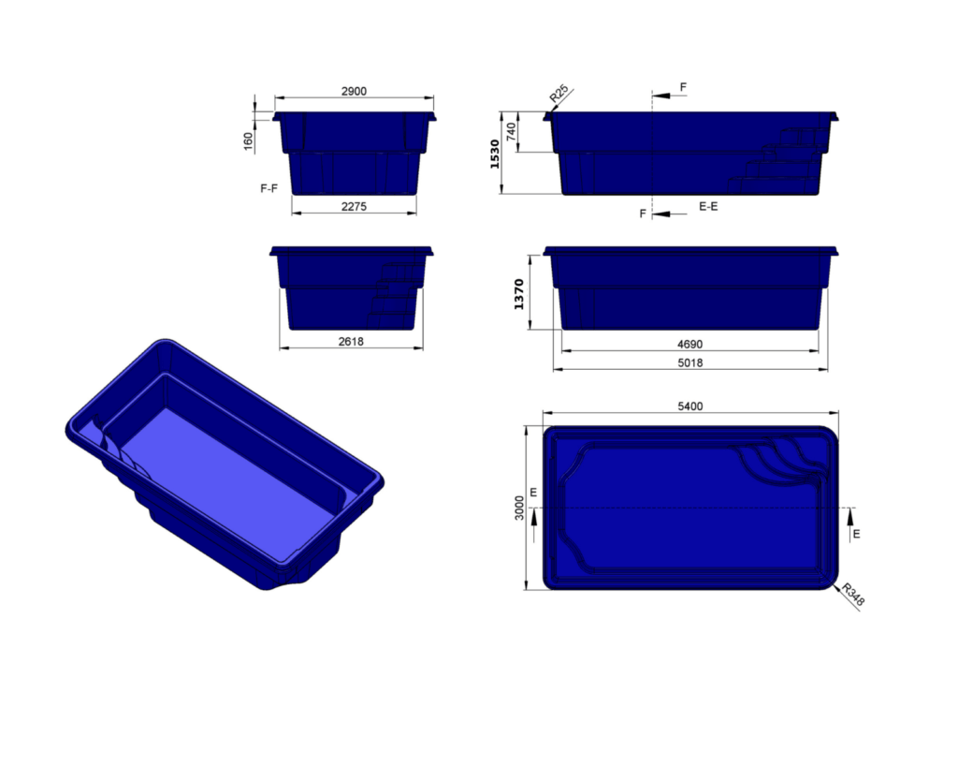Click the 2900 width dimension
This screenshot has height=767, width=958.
point(354,91)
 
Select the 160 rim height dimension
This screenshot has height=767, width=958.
point(248,140)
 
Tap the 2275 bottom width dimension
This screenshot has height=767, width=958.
point(354,206)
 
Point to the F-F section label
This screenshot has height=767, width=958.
point(269,188)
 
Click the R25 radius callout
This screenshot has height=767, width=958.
point(559,94)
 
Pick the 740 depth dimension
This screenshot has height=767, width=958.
point(511,132)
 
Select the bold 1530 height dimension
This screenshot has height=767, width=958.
point(495,154)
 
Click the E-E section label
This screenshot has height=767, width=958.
point(708,206)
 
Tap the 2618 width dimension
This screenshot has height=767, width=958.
point(350,342)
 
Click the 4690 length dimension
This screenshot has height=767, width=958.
point(690,345)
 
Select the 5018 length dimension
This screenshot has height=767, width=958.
point(690,362)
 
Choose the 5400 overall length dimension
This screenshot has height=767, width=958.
point(690,406)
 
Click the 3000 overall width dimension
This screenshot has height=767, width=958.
point(520,509)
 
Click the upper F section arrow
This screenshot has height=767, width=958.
point(665,95)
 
